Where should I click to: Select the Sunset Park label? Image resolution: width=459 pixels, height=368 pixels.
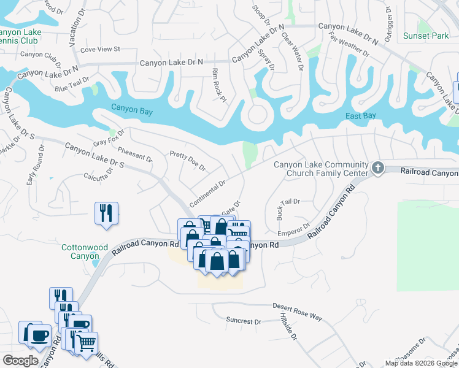[426, 36]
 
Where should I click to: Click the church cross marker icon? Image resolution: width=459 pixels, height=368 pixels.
[378, 167]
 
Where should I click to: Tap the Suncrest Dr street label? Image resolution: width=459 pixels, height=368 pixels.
[243, 321]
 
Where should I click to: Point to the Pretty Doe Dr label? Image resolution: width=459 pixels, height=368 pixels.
[188, 161]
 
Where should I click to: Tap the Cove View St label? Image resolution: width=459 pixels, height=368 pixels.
[100, 48]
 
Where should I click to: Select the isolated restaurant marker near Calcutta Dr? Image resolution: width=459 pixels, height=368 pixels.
[106, 213]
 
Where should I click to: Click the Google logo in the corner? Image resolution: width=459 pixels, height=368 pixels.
[20, 361]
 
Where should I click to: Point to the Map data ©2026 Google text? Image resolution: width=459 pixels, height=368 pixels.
[421, 363]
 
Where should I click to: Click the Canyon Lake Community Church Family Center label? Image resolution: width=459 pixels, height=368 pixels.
[321, 169]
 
